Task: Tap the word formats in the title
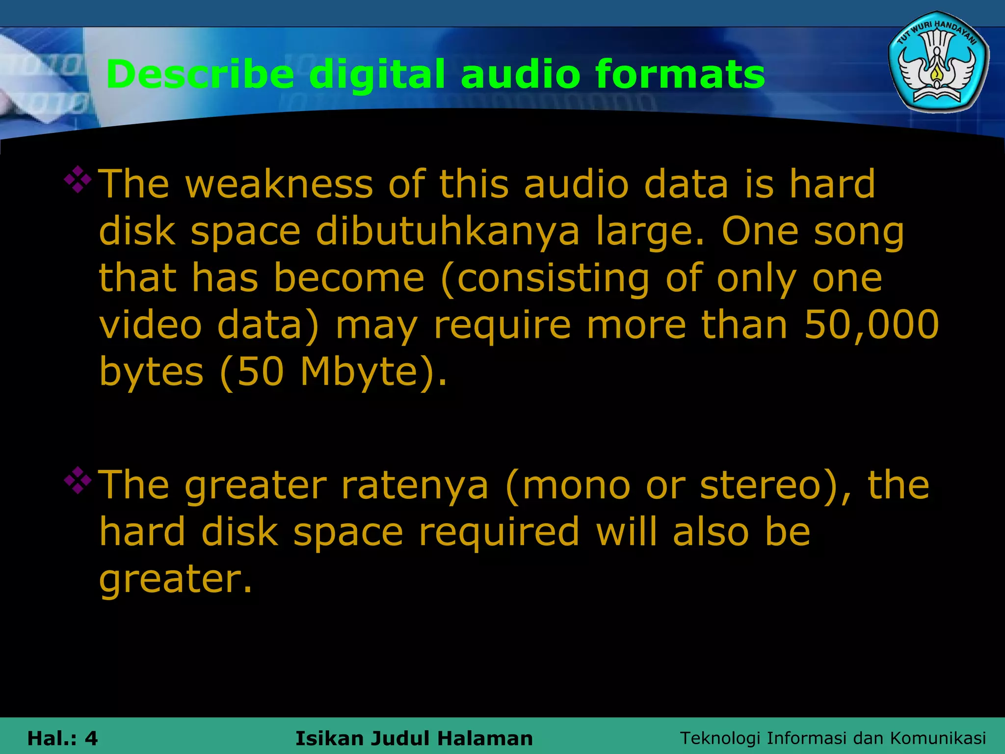point(680,75)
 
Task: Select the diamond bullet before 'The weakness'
point(78,180)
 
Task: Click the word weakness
point(279,184)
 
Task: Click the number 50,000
point(872,324)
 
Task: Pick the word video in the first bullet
point(150,324)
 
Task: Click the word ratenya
point(415,485)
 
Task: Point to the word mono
point(574,485)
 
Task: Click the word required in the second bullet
point(499,532)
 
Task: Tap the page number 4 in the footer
point(91,738)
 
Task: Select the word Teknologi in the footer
point(720,738)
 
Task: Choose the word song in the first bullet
point(859,232)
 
